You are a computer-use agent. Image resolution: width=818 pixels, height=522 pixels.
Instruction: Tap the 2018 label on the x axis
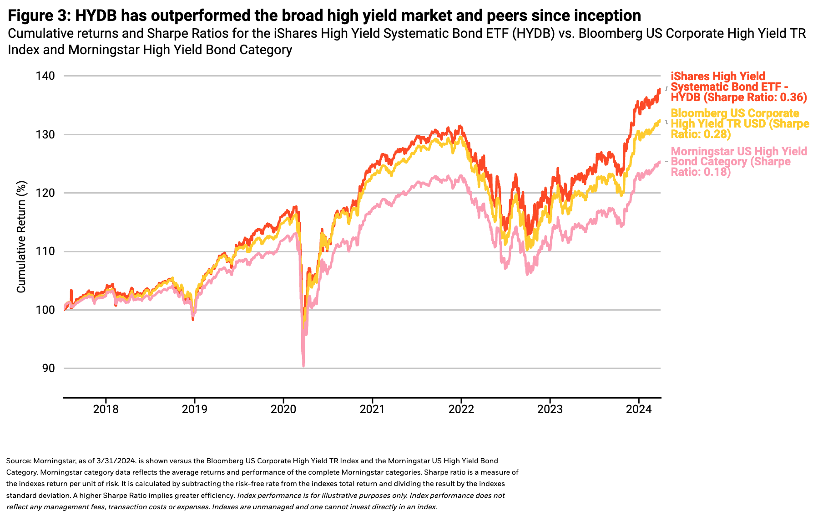tap(106, 409)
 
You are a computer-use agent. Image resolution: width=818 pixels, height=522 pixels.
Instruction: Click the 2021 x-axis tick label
tap(372, 409)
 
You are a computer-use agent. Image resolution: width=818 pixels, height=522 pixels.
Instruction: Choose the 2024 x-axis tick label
tap(639, 409)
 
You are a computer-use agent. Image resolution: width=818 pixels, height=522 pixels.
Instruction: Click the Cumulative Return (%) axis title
tap(21, 237)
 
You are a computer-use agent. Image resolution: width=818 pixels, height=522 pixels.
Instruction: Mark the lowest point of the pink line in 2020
tap(303, 365)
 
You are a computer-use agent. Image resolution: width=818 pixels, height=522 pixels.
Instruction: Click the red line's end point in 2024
tap(660, 89)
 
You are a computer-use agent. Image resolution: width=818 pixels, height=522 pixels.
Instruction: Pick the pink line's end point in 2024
tap(660, 162)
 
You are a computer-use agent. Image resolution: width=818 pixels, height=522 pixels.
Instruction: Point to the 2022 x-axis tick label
tap(461, 409)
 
